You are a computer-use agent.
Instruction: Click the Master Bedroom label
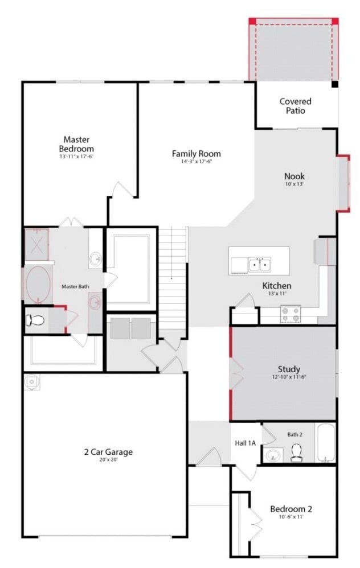pyautogui.click(x=76, y=144)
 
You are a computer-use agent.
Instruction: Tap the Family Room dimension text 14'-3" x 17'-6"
pyautogui.click(x=196, y=162)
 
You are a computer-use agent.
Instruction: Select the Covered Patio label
pyautogui.click(x=295, y=106)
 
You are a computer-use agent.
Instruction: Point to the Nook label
pyautogui.click(x=294, y=176)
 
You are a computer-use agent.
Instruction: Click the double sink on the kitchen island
pyautogui.click(x=260, y=265)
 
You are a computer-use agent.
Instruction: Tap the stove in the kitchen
pyautogui.click(x=291, y=314)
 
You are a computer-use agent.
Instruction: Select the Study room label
pyautogui.click(x=289, y=369)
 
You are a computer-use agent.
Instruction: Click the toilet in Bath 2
pyautogui.click(x=297, y=453)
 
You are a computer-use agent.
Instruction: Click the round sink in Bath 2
pyautogui.click(x=273, y=455)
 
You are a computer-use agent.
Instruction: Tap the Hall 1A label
pyautogui.click(x=245, y=443)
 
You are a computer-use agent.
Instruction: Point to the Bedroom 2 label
pyautogui.click(x=291, y=509)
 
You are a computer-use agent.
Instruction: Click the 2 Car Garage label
pyautogui.click(x=108, y=452)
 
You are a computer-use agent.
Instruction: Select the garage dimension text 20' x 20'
pyautogui.click(x=108, y=460)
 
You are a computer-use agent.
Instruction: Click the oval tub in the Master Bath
pyautogui.click(x=38, y=285)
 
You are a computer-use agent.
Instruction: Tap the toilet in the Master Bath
pyautogui.click(x=35, y=320)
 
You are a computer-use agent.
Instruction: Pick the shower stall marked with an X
pyautogui.click(x=36, y=244)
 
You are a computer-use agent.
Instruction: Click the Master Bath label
pyautogui.click(x=75, y=286)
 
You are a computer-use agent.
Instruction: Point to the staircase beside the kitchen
pyautogui.click(x=173, y=278)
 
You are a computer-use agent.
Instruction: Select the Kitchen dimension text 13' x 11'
pyautogui.click(x=277, y=294)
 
